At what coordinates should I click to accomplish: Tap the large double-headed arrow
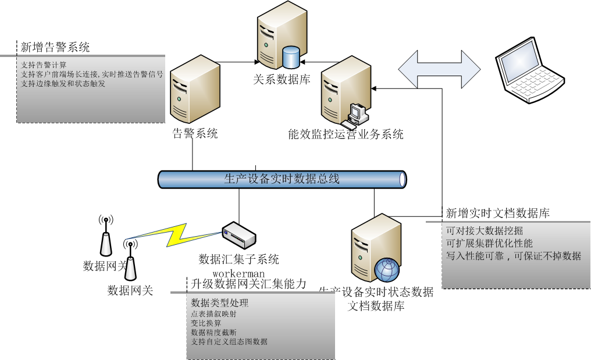440,69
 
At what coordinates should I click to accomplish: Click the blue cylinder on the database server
290,57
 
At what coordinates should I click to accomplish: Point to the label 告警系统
195,134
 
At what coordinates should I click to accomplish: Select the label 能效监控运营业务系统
346,134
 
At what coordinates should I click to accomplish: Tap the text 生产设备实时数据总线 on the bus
282,179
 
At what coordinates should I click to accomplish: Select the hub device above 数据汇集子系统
239,234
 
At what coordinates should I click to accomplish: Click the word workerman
238,273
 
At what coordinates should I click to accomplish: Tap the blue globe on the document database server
387,269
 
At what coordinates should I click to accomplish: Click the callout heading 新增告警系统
55,47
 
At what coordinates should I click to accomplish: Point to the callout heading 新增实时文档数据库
497,213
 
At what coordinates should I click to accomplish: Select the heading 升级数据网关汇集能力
248,284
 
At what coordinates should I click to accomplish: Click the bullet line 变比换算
207,323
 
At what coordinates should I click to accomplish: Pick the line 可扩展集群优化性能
489,243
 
